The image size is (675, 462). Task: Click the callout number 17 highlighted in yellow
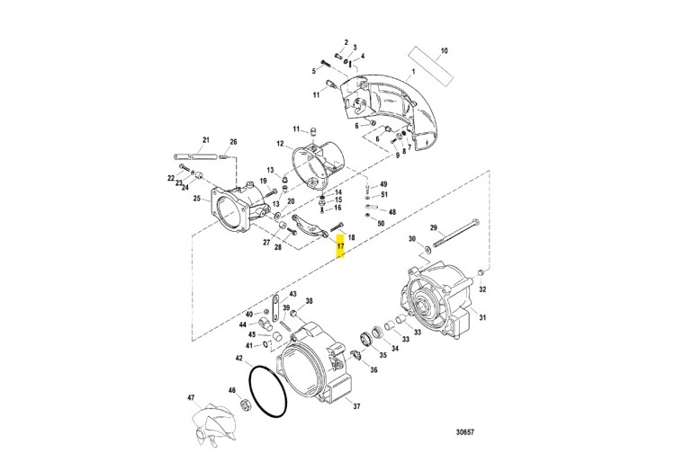(x=341, y=245)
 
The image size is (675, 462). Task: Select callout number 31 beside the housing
(x=481, y=317)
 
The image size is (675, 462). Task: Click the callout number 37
(x=355, y=406)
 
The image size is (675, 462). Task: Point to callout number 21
(x=205, y=139)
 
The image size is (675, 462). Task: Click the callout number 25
(x=197, y=198)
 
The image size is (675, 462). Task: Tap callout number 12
(x=280, y=144)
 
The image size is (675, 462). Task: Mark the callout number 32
(x=482, y=289)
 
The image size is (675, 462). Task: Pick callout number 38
(x=309, y=301)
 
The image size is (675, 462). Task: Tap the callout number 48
(x=391, y=211)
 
